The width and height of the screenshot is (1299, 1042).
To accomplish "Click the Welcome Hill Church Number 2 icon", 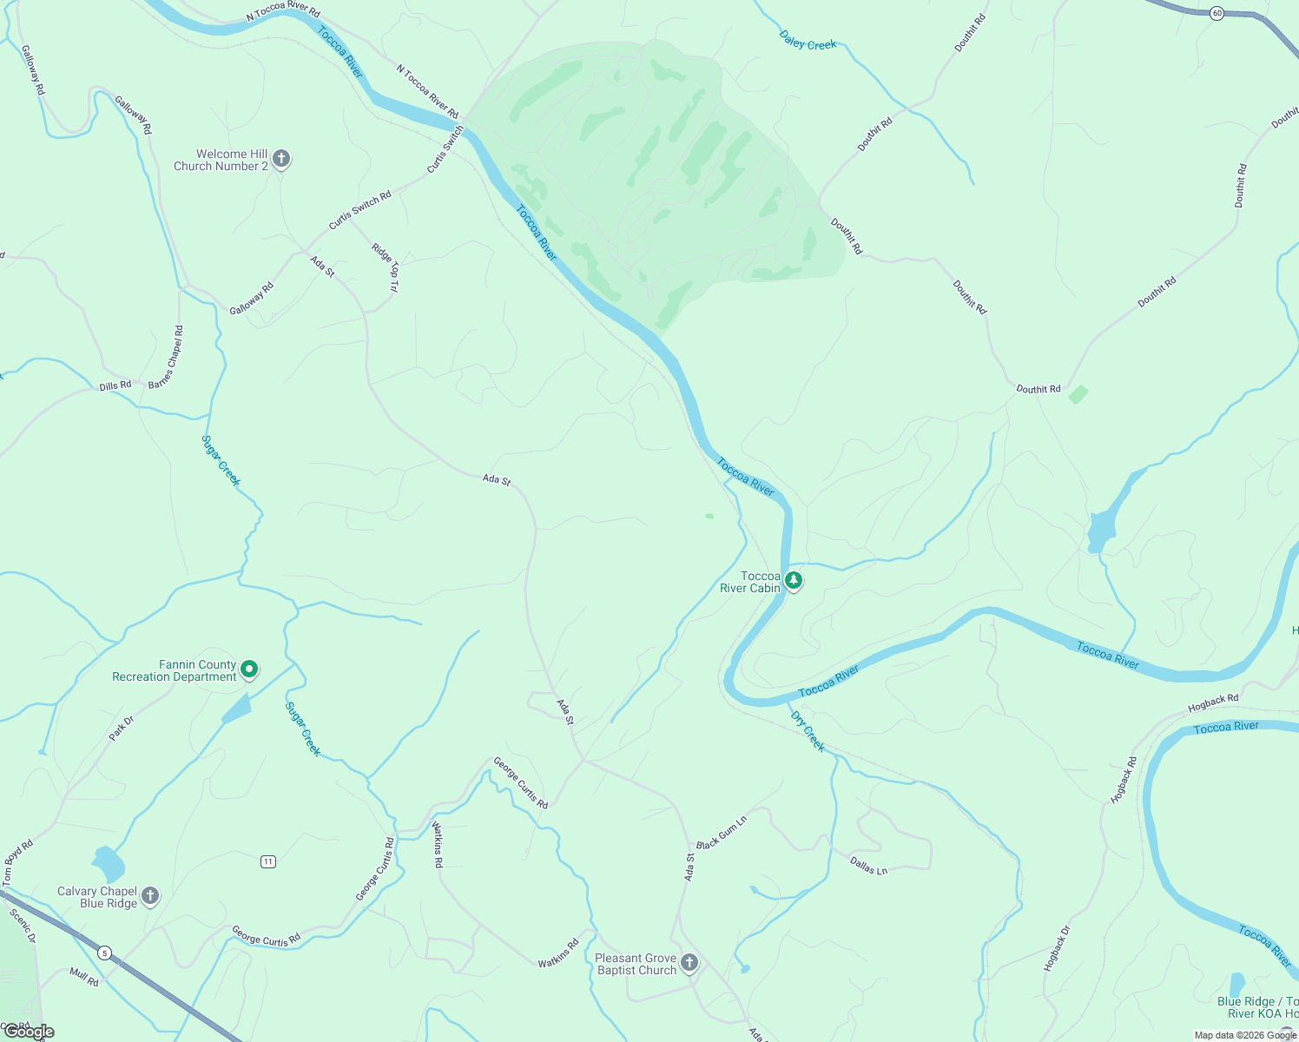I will coord(280,159).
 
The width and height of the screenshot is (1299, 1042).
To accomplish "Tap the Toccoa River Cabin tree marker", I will coord(793,580).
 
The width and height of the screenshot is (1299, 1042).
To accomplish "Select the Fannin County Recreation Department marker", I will coord(249,669).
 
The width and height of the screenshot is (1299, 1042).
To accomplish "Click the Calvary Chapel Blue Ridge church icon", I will coord(150,896).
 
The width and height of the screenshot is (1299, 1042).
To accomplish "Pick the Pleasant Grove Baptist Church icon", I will coord(689,962).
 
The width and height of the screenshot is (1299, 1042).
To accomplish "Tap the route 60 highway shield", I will coord(1217,13).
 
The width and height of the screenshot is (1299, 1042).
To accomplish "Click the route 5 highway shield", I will coord(104,953).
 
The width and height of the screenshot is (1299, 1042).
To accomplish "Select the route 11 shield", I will coord(268,861).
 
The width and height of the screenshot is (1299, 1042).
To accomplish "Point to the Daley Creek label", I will coord(808,41).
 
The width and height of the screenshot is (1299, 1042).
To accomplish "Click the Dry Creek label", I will coord(808,731).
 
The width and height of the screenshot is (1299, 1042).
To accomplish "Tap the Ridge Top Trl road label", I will coord(386,267).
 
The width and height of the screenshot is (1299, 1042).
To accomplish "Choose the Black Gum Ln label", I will coord(722,833).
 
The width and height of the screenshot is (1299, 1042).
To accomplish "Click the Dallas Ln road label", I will coord(868,865).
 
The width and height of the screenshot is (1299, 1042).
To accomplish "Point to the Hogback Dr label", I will coord(1057,948).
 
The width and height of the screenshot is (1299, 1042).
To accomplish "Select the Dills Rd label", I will coord(115,386).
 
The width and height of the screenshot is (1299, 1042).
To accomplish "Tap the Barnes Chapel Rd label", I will coord(166,357).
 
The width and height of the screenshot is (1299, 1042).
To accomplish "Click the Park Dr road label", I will coord(122,728).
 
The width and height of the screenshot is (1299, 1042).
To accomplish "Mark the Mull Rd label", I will coord(84,977).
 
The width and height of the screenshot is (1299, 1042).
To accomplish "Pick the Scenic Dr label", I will coord(23,926).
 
